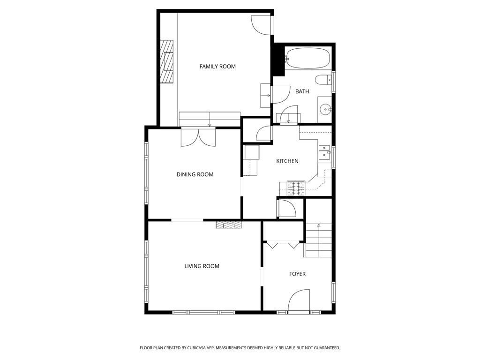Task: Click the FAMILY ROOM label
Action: tap(217, 67)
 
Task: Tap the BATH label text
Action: tap(302, 91)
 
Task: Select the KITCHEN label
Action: tap(287, 161)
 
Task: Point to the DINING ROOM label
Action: tap(195, 174)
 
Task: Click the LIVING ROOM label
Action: tap(202, 266)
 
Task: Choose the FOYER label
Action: tap(297, 274)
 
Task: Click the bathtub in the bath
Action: tap(307, 58)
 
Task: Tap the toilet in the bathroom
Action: tap(323, 80)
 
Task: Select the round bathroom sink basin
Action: tap(325, 109)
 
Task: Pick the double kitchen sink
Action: tap(324, 152)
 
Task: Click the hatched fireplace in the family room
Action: tap(167, 61)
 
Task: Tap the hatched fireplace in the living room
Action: tap(229, 225)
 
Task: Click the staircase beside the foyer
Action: tap(319, 240)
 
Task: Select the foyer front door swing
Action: tap(299, 300)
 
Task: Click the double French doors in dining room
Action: tap(198, 137)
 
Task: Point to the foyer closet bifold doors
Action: tap(283, 244)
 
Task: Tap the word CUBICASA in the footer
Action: tap(201, 348)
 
